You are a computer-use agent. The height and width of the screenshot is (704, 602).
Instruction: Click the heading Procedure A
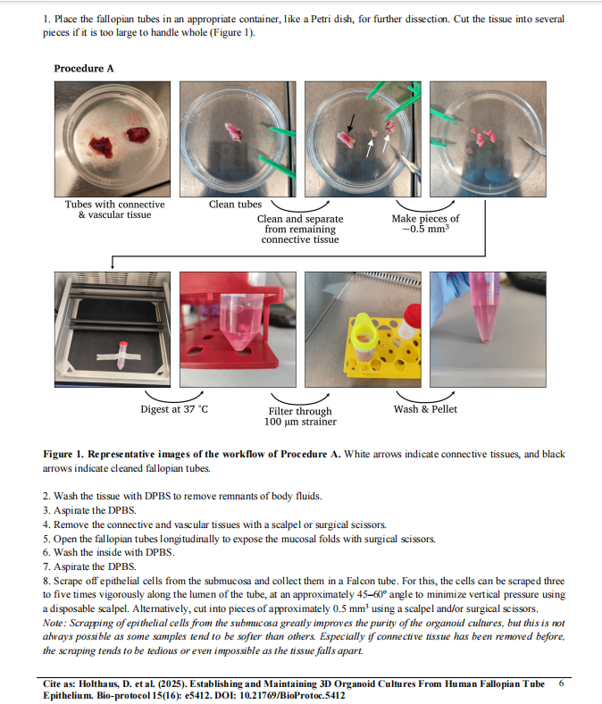point(83,68)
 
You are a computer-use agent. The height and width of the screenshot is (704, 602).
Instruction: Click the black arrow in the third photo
point(352,122)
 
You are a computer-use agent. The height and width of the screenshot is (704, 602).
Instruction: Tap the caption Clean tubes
point(235,205)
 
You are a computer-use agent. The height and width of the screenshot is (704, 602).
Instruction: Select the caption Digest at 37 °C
point(174,409)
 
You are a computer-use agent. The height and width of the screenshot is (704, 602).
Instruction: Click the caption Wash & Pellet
point(425,409)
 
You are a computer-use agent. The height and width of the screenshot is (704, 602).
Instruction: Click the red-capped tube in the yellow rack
point(409,321)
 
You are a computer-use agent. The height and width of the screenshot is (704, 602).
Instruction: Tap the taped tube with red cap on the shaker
point(121,356)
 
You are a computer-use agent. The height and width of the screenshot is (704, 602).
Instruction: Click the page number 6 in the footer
point(561,683)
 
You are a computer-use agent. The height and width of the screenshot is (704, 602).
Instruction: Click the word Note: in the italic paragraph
point(54,623)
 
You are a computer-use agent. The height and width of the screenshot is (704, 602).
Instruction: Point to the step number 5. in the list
point(46,539)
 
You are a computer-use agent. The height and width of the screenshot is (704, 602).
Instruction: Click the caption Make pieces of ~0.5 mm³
point(425,223)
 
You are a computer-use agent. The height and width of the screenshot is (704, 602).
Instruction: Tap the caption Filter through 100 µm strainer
point(300,416)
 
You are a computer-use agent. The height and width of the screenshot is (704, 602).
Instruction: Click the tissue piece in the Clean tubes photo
point(234,132)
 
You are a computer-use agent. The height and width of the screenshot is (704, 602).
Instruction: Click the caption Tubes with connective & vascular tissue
point(114,209)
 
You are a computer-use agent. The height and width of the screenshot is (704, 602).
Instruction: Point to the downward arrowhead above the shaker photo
point(113,266)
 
